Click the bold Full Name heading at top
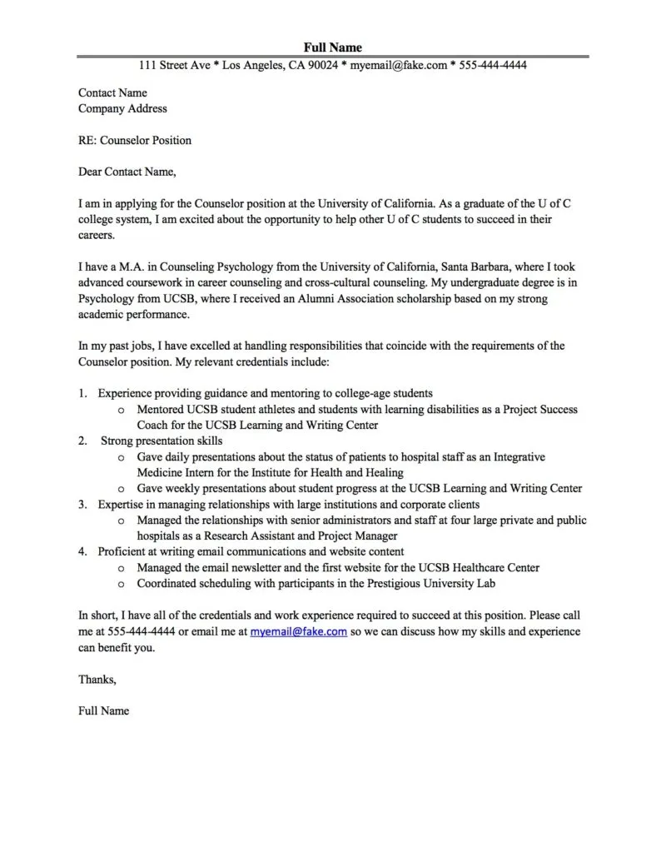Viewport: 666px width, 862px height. pos(333,47)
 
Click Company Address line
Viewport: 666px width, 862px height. pos(122,108)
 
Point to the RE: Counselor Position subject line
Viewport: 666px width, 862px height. pos(134,140)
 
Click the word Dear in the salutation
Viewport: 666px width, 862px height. pos(90,172)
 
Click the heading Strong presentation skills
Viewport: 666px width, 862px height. pos(162,441)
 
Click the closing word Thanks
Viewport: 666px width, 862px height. pos(97,680)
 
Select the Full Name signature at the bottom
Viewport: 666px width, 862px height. pos(103,711)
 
